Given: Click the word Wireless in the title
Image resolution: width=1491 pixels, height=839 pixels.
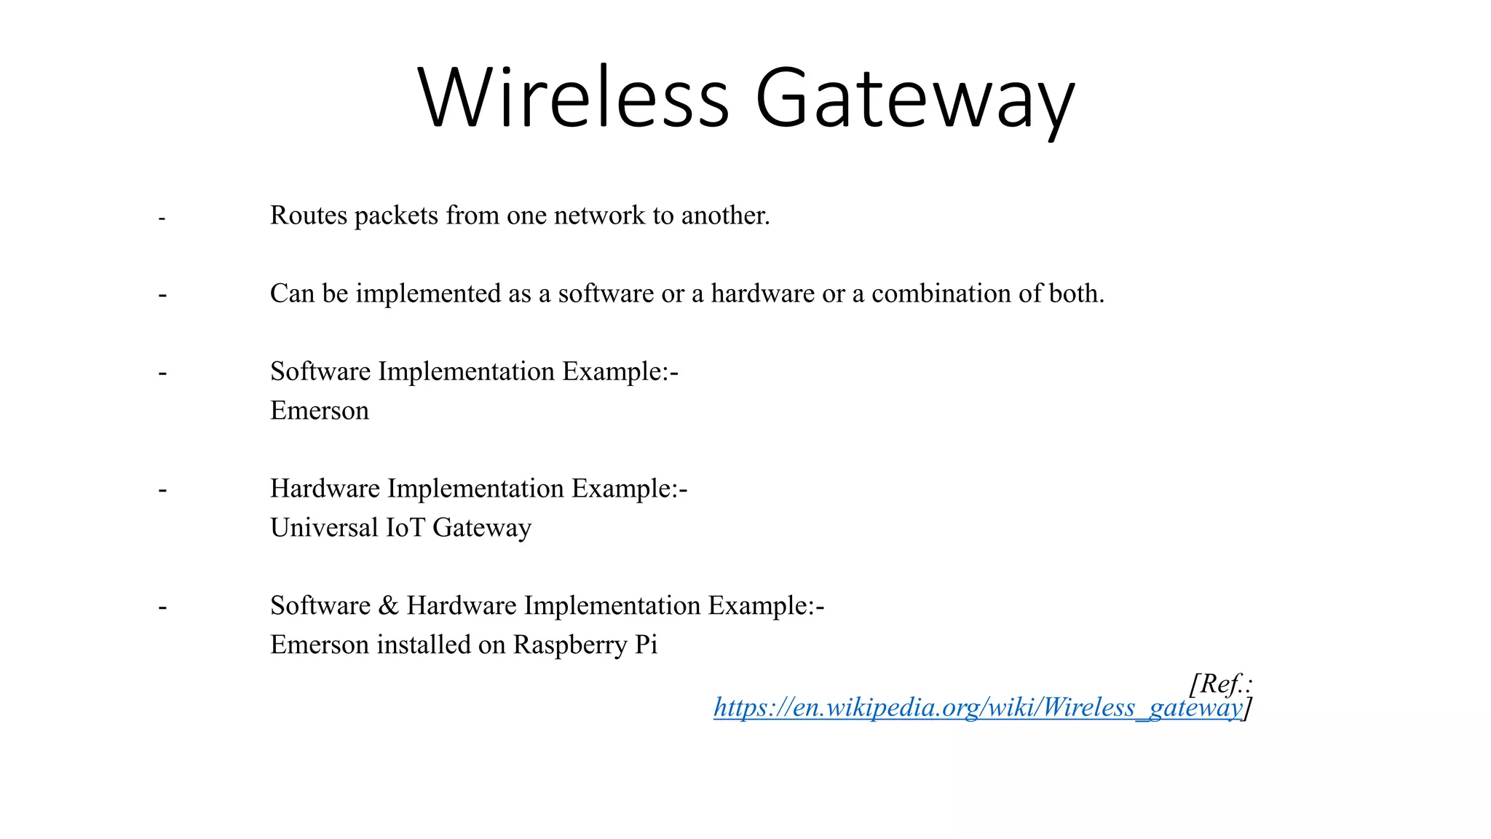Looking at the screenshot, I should pos(574,98).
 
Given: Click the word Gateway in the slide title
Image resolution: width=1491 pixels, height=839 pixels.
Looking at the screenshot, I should pos(914,101).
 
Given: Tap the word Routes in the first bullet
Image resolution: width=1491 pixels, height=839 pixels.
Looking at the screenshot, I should pos(309,216).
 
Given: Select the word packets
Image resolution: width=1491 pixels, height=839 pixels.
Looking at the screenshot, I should pos(396,216).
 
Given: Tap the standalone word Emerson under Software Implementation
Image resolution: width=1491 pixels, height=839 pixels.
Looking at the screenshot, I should pos(320,411).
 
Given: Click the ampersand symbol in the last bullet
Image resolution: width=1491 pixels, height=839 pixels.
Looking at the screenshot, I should pos(389,605).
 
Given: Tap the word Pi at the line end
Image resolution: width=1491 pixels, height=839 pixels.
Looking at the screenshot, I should pos(646,645).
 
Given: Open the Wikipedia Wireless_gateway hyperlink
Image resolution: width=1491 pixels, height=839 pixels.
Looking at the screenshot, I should pos(978,707).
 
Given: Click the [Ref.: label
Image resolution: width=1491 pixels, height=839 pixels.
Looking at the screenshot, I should pos(1220,684).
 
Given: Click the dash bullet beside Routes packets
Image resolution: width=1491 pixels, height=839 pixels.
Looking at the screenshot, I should pos(162,218).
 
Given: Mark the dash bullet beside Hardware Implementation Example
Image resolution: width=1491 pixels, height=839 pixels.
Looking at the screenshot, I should pos(162,489).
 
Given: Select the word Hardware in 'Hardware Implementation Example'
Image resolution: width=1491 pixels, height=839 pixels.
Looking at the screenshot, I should pos(325,489).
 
